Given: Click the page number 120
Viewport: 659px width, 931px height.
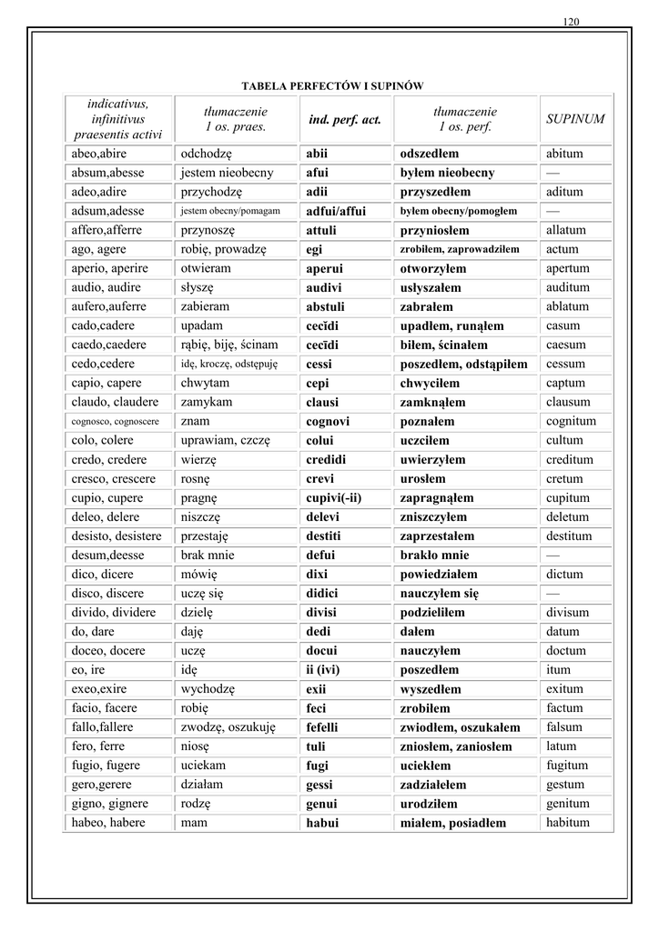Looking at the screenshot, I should pyautogui.click(x=572, y=21).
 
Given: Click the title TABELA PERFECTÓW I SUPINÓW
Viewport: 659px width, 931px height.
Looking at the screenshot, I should pyautogui.click(x=332, y=85).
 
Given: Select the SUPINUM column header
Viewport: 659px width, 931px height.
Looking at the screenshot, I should pyautogui.click(x=575, y=119).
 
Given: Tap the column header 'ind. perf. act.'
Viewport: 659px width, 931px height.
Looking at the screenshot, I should pyautogui.click(x=345, y=119).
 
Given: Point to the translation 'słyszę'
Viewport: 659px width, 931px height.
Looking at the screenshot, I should pyautogui.click(x=197, y=287).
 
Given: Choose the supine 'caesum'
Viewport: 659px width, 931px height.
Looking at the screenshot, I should pyautogui.click(x=565, y=345).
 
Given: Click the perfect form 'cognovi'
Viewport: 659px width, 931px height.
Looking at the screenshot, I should pyautogui.click(x=328, y=422).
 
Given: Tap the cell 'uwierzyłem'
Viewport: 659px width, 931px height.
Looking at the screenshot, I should pyautogui.click(x=432, y=460).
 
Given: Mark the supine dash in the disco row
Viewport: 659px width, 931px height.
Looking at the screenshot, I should pyautogui.click(x=553, y=593).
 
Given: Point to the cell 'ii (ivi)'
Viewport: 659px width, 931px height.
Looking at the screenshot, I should pyautogui.click(x=329, y=670).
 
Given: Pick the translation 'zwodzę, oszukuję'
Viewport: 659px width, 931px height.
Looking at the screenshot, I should pyautogui.click(x=228, y=727).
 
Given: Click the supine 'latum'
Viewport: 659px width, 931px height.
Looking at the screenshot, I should pyautogui.click(x=562, y=746).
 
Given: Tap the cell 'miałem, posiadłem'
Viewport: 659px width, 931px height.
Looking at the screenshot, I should pyautogui.click(x=452, y=823).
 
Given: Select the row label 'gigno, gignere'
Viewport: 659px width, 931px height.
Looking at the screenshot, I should pyautogui.click(x=110, y=804).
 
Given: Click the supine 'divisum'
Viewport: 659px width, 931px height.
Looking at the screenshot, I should pyautogui.click(x=568, y=612).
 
